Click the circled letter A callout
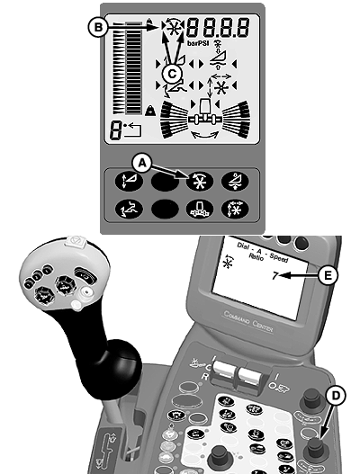[142, 164]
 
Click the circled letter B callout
[98, 27]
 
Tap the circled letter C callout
[172, 74]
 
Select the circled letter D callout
[336, 396]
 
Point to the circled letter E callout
[328, 275]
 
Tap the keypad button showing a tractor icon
[199, 209]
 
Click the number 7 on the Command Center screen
[274, 276]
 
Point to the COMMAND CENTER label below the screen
[248, 322]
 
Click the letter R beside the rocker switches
[205, 376]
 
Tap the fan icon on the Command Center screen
[227, 262]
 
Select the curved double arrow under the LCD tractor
[205, 134]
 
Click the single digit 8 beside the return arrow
[116, 130]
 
